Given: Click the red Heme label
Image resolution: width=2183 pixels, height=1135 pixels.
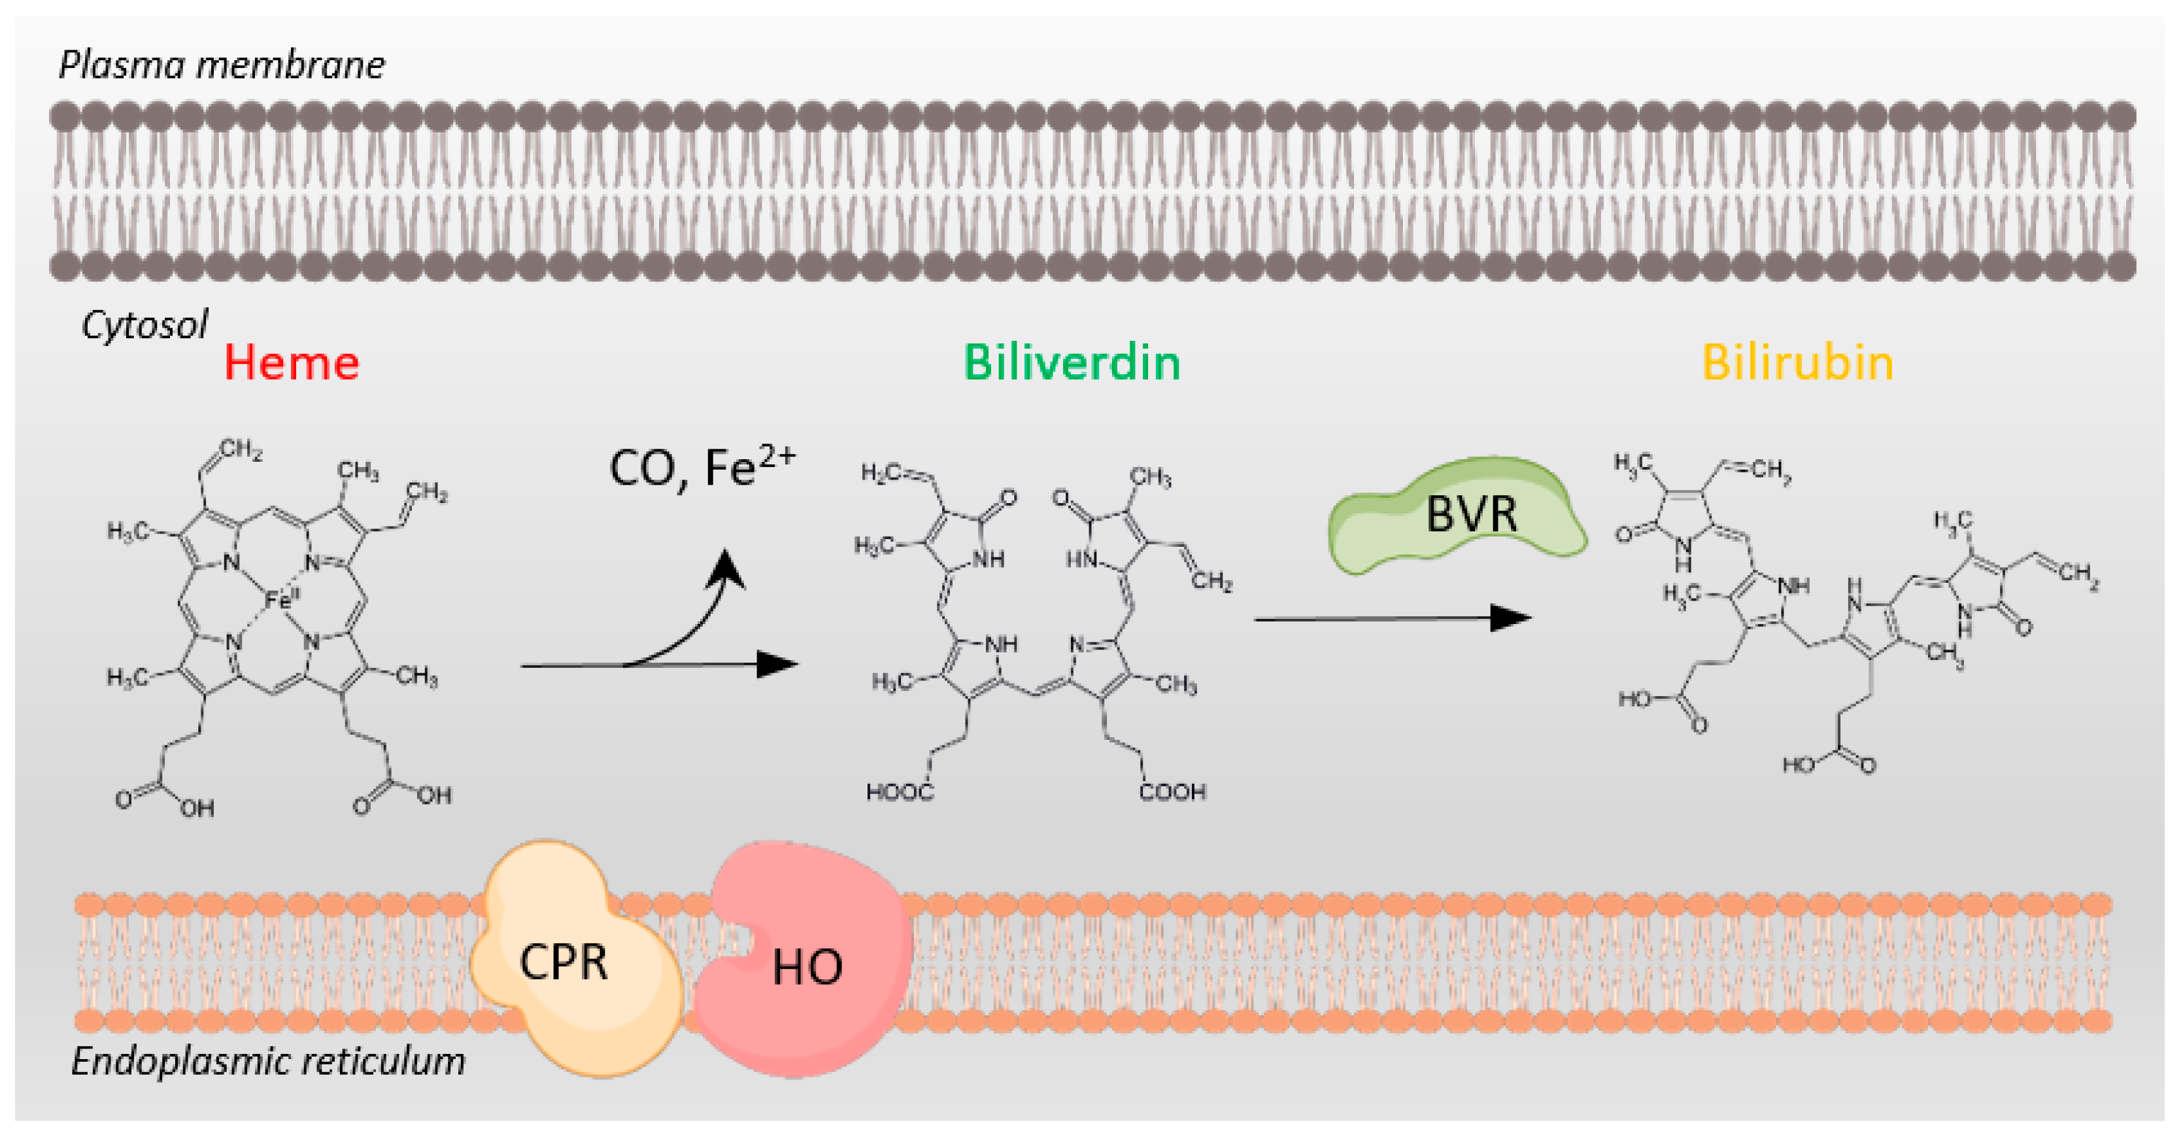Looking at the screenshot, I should [x=291, y=364].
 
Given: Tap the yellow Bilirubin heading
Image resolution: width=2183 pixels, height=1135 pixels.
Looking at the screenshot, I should [x=1797, y=364].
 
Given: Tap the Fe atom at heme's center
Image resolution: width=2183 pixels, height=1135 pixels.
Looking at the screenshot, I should [x=279, y=600].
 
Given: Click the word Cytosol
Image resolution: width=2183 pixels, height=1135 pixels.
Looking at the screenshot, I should [x=144, y=326].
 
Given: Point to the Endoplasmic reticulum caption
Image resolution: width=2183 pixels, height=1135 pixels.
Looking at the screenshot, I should [x=268, y=1061].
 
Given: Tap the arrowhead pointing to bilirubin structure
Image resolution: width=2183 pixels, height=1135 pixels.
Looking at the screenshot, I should [x=1510, y=618].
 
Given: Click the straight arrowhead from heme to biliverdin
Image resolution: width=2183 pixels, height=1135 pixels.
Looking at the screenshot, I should [x=775, y=665].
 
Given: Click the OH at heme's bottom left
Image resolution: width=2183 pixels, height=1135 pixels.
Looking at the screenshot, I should [x=197, y=808].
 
